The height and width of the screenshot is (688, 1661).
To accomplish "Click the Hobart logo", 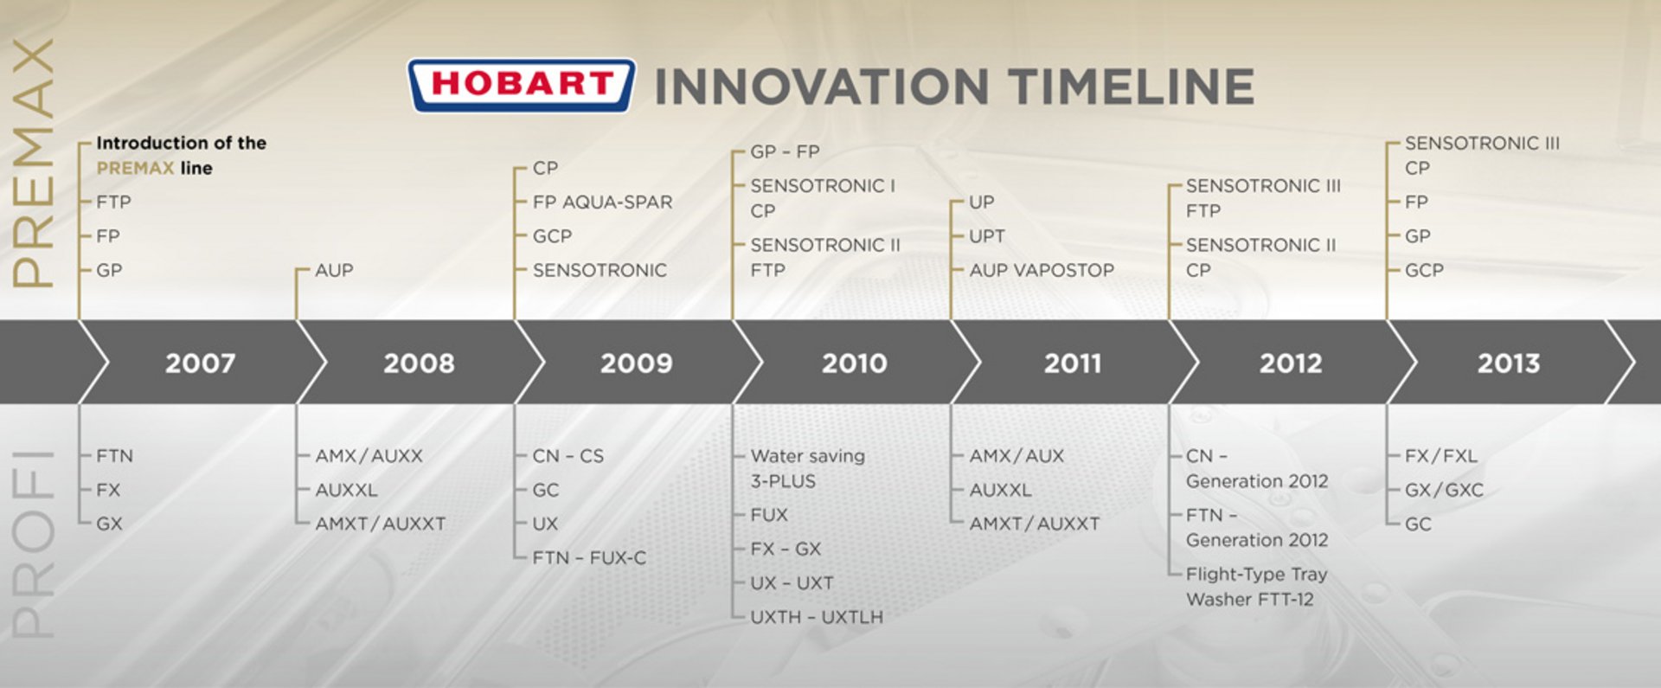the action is click(x=522, y=85).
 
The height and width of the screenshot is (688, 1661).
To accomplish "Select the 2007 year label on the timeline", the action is click(x=200, y=363).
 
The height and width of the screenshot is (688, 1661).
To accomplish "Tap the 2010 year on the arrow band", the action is click(x=854, y=363).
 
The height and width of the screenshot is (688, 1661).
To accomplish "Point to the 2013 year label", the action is click(x=1508, y=363).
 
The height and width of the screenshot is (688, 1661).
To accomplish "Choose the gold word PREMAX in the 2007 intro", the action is click(x=135, y=168).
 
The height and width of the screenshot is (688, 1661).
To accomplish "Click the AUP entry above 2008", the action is click(x=334, y=270).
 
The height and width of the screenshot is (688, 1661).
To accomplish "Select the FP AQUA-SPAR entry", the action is click(x=602, y=202).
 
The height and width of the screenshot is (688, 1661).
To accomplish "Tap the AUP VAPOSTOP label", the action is click(x=1042, y=270).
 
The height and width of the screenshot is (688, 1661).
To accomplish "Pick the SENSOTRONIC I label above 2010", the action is click(x=823, y=185).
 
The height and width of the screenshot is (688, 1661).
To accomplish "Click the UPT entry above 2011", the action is click(x=987, y=236).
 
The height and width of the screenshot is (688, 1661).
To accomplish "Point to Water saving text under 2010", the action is click(x=807, y=456).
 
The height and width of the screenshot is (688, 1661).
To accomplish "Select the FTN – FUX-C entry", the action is click(x=589, y=557).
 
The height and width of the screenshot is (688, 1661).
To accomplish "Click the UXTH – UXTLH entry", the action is click(x=817, y=617).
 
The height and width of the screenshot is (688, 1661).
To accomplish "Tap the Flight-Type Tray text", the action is click(x=1256, y=574).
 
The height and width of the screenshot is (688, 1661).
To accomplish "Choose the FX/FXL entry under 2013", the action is click(x=1440, y=456).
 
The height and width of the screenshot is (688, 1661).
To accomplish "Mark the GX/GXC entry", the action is click(x=1444, y=490).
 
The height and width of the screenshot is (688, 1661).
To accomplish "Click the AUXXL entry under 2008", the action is click(x=346, y=490).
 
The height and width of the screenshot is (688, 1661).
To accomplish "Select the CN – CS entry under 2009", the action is click(x=568, y=456).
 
